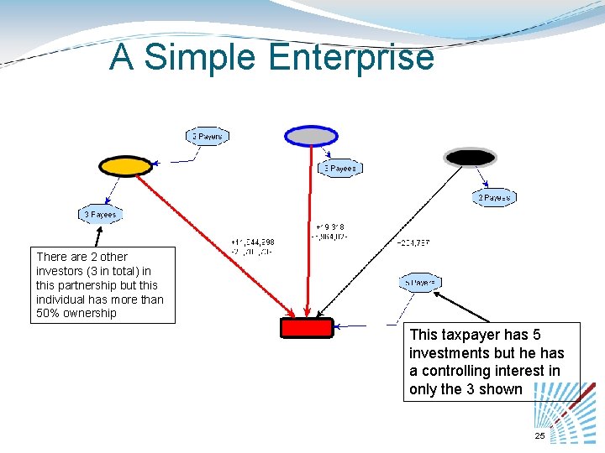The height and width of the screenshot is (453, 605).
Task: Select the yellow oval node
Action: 125,166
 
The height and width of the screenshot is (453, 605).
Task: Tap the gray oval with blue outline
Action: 311,136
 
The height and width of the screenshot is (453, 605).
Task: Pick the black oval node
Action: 470,157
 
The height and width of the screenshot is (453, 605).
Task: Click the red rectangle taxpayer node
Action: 307,327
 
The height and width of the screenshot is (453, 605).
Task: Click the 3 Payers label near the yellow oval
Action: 207,136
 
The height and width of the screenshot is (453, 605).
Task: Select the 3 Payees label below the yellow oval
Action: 101,215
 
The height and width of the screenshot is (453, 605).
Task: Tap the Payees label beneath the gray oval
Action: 339,169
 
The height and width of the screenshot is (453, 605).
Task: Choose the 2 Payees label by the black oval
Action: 493,198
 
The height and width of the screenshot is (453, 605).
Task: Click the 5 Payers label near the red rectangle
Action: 419,283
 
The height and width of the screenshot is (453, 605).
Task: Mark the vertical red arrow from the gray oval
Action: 310,235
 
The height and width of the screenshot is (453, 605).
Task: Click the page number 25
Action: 539,435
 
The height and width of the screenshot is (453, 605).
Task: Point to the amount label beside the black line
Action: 413,243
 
